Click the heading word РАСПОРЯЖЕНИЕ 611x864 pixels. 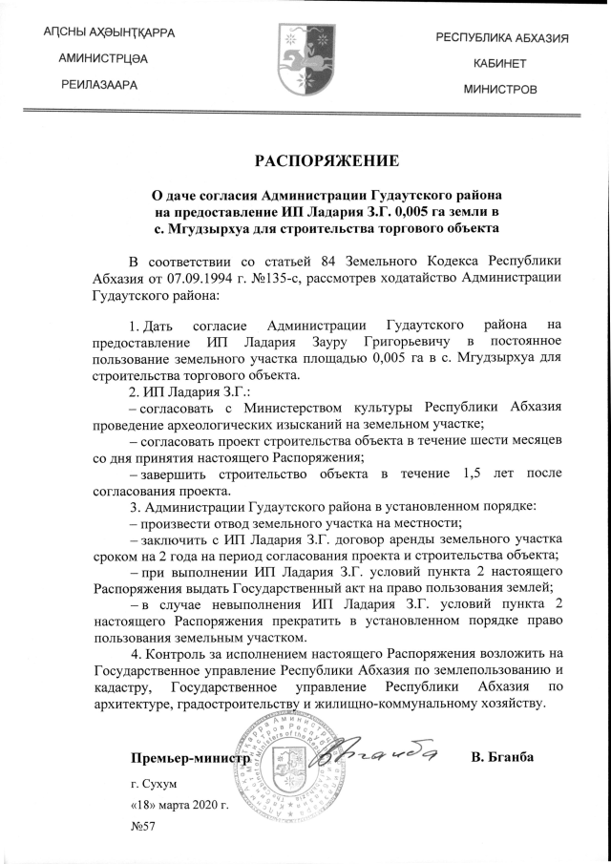tap(320, 159)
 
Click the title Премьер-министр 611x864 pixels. tap(191, 759)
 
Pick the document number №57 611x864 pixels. tap(142, 827)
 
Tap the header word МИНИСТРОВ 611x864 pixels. tap(500, 89)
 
